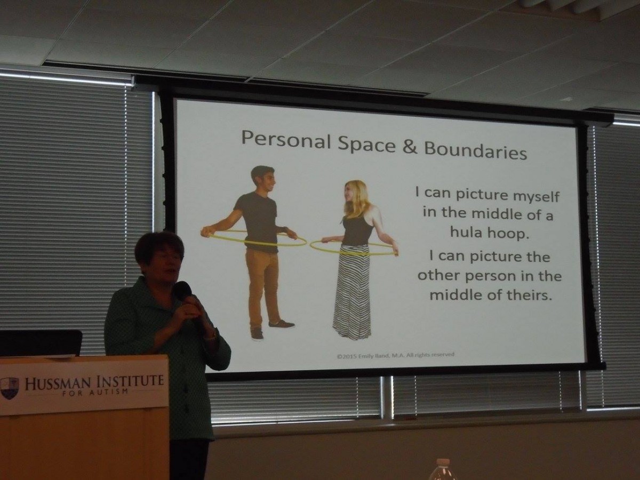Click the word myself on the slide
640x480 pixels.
[536, 196]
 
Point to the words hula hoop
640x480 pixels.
[489, 233]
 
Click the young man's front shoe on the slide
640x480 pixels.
[282, 324]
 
